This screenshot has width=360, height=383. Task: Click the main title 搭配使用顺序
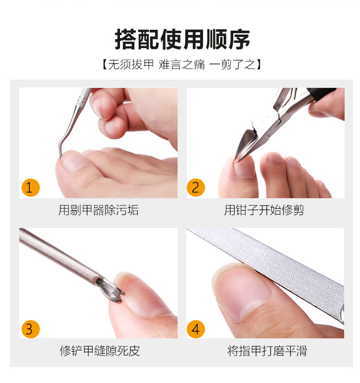click(x=182, y=39)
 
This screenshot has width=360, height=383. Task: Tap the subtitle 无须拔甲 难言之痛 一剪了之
click(x=182, y=64)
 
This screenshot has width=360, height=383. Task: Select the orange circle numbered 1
click(x=31, y=188)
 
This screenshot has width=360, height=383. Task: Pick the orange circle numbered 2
click(x=196, y=188)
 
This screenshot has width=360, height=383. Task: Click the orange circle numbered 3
click(x=31, y=329)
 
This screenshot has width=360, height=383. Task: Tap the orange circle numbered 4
click(x=196, y=329)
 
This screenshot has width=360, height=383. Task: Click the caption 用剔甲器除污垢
click(x=98, y=210)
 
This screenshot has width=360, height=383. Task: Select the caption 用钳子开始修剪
click(x=264, y=210)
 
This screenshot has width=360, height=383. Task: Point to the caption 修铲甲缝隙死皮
click(x=100, y=351)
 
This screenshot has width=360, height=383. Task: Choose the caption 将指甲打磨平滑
click(x=267, y=351)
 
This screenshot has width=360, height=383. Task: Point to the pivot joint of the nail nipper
click(x=280, y=119)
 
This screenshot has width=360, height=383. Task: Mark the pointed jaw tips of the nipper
click(x=238, y=159)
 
